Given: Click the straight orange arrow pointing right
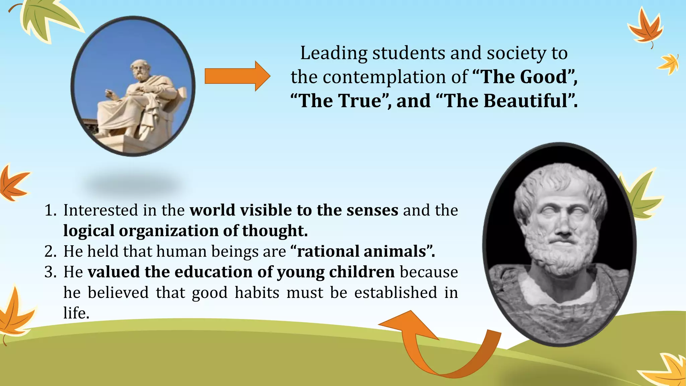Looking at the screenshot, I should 237,76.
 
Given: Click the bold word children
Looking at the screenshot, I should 362,272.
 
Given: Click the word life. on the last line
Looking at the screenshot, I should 76,313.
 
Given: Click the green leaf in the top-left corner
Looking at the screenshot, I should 47,20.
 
